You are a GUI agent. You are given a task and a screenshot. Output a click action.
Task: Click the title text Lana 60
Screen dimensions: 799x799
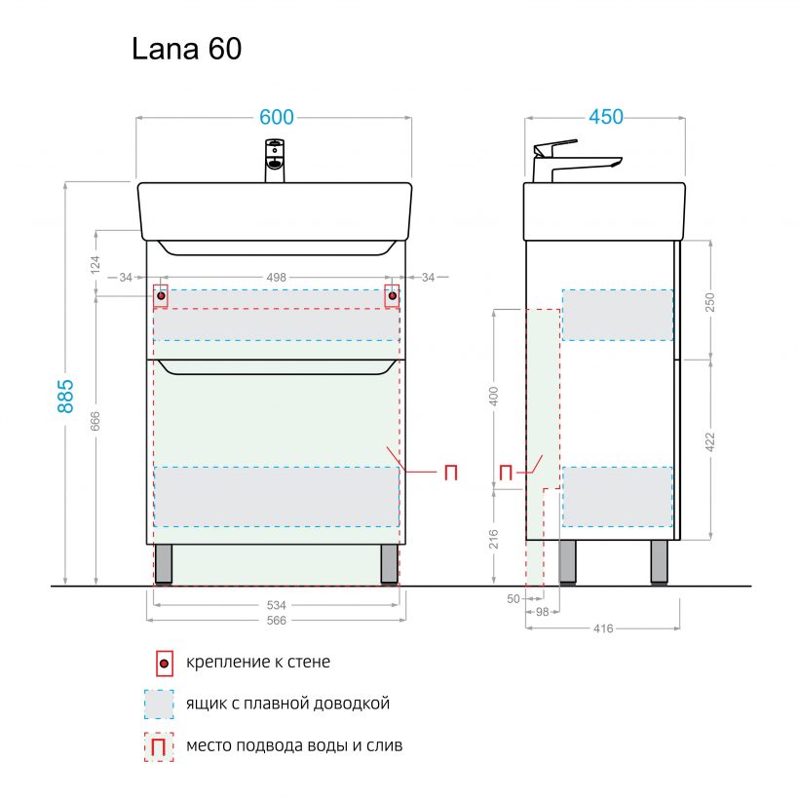186,50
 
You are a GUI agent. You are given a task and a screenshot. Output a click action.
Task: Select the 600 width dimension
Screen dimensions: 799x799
276,117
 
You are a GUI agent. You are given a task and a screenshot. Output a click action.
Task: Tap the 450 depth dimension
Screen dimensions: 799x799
605,117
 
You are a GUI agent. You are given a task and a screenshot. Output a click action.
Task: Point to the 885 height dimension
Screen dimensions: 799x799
65,394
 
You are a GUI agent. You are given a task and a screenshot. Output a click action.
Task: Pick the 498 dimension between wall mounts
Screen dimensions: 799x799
277,278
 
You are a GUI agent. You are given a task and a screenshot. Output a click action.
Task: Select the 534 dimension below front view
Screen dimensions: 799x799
276,605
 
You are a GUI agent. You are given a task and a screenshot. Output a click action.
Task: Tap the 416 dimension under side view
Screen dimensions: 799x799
603,628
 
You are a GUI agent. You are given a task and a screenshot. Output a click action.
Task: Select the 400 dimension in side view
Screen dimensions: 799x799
494,396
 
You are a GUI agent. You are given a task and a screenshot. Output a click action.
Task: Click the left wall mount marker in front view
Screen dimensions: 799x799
161,295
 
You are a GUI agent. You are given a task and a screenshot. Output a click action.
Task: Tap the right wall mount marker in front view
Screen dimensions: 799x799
393,295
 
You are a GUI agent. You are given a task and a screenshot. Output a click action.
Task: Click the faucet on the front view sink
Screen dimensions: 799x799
276,161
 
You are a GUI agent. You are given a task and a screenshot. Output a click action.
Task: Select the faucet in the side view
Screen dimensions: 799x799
570,161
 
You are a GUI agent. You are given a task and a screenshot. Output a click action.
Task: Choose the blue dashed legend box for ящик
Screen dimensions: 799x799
158,704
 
